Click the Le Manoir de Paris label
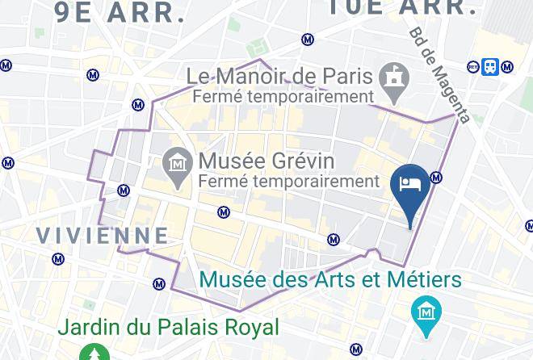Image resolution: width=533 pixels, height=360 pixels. click(279, 77)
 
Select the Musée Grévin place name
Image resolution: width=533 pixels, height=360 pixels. click(266, 159)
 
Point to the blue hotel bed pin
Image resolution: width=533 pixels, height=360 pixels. click(409, 185)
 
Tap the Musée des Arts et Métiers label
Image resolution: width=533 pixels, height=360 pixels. click(330, 280)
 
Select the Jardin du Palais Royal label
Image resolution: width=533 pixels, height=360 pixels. click(168, 327)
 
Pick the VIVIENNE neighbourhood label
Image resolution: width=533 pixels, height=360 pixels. click(103, 235)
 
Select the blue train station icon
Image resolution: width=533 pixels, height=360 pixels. click(489, 67)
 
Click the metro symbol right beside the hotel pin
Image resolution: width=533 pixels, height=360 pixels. click(436, 178)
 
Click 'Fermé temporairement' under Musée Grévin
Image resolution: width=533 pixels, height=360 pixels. click(289, 181)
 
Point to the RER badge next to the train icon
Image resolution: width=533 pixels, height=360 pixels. click(474, 67)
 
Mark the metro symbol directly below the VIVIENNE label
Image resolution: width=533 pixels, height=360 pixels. click(58, 259)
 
